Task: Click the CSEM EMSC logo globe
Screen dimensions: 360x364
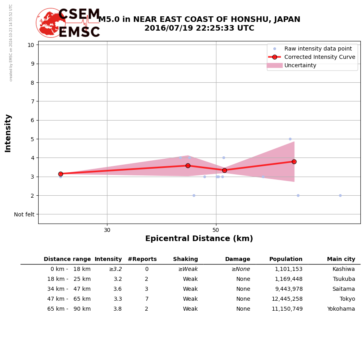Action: [x=51, y=23]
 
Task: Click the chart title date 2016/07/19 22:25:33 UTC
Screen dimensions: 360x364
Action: [x=199, y=29]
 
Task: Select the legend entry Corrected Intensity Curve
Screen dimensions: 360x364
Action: [x=319, y=57]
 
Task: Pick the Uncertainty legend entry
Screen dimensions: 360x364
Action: [x=300, y=66]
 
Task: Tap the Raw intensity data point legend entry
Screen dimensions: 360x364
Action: [x=317, y=49]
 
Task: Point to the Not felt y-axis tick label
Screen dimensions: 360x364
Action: [x=24, y=214]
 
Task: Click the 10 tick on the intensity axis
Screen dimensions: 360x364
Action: [x=31, y=45]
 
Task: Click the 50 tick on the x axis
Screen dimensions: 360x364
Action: [x=216, y=230]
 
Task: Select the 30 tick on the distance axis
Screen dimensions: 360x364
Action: [x=107, y=230]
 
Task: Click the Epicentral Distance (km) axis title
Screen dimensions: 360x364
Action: [x=199, y=239]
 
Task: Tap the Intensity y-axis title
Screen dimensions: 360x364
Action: [x=8, y=133]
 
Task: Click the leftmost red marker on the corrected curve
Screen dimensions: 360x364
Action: [x=60, y=174]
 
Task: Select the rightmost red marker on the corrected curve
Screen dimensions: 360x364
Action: [x=294, y=162]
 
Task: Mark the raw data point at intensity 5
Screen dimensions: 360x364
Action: [x=290, y=139]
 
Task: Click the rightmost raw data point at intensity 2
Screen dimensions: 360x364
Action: [x=340, y=195]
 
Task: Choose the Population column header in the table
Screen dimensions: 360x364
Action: [x=286, y=259]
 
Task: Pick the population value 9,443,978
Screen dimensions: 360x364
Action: [x=288, y=289]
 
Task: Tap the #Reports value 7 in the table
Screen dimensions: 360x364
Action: [x=146, y=299]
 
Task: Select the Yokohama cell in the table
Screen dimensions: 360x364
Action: [x=341, y=309]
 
